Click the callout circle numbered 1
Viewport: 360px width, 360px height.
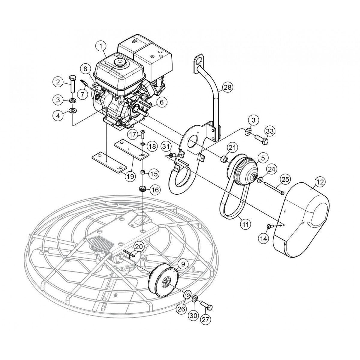(101, 46)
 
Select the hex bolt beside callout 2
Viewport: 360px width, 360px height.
(72, 84)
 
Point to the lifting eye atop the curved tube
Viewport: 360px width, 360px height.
(199, 61)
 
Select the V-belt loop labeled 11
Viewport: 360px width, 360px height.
(231, 204)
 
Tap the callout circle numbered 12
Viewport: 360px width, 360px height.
(320, 181)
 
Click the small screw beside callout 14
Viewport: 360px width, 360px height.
(269, 226)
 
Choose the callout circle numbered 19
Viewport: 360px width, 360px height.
(130, 176)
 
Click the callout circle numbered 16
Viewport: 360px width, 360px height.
(155, 190)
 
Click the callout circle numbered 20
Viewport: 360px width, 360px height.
(138, 247)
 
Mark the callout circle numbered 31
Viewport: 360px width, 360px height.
(165, 146)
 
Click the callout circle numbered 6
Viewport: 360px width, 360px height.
(161, 102)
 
